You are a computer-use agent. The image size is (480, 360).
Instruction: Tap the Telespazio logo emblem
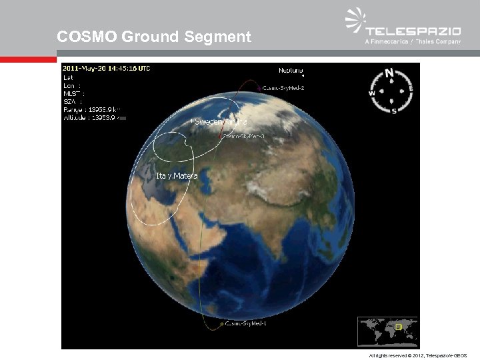pyautogui.click(x=355, y=20)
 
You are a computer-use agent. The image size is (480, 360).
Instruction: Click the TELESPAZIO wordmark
pyautogui.click(x=413, y=31)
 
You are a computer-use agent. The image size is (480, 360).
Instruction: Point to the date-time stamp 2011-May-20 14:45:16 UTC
pyautogui.click(x=107, y=69)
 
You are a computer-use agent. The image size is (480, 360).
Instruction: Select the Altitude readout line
pyautogui.click(x=94, y=117)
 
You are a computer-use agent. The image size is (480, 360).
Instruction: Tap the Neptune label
pyautogui.click(x=291, y=69)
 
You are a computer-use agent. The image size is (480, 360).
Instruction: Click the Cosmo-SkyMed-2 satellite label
pyautogui.click(x=283, y=87)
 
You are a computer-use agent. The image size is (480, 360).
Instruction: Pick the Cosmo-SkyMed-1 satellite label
pyautogui.click(x=245, y=324)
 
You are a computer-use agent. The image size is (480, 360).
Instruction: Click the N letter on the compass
pyautogui.click(x=390, y=73)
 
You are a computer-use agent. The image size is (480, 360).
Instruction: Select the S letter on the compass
pyautogui.click(x=394, y=111)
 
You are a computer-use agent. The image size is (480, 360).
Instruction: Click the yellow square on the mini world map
pyautogui.click(x=399, y=327)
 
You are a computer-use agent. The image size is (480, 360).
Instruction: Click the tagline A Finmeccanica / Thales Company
pyautogui.click(x=413, y=42)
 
